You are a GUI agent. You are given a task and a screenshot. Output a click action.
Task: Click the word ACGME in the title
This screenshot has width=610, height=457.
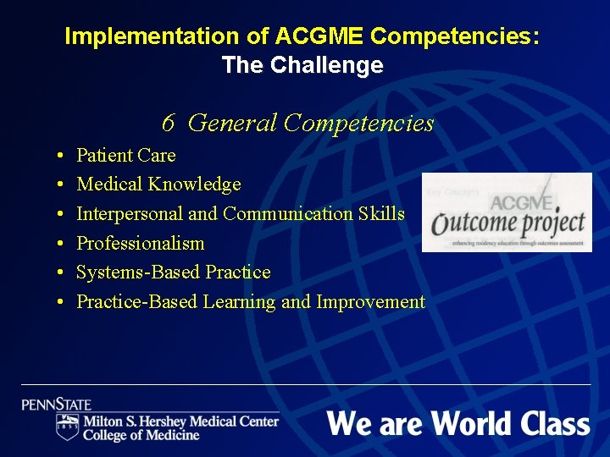pos(319,36)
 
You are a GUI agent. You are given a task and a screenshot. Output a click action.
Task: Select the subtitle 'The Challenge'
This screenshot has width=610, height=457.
pos(302,65)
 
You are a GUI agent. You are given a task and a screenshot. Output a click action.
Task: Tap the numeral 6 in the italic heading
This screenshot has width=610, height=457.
pos(169,124)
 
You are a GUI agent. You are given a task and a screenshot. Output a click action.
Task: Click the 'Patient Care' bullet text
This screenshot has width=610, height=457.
pos(126,155)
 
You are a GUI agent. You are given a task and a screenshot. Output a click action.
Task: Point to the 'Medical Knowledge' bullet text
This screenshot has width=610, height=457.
pos(158,184)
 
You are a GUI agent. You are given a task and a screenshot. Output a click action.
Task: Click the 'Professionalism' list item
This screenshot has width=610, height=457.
pos(141,243)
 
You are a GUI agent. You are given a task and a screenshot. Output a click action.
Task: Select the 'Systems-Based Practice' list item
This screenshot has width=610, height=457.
pos(174,273)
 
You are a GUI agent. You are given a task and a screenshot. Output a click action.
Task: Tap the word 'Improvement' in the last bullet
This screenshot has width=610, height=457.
pos(370,301)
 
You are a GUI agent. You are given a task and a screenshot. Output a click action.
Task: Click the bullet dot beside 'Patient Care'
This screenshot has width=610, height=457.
pos(64,157)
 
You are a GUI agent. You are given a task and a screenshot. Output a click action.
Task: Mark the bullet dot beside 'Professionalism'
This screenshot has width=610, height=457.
pos(64,245)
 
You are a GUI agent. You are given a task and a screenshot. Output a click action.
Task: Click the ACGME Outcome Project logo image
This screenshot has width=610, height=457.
pos(507,212)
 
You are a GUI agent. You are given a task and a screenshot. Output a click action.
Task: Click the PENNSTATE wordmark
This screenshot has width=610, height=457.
pos(57,405)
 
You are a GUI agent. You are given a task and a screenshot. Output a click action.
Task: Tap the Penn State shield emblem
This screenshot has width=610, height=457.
pos(67,427)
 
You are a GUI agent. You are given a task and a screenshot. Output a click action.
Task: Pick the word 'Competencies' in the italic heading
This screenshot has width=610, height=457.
pos(358,124)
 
